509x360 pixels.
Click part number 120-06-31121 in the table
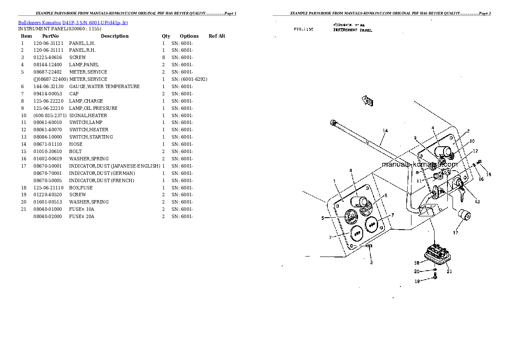48,43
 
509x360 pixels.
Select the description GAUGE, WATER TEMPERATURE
104,86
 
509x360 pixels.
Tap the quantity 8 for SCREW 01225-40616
163,57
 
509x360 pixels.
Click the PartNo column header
50,36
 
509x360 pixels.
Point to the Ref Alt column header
217,36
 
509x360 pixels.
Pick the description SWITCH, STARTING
91,137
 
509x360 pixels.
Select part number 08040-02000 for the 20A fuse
47,216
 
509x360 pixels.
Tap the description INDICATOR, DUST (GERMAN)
102,173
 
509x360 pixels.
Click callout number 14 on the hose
385,130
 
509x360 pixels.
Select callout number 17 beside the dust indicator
456,233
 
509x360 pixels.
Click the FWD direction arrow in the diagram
367,101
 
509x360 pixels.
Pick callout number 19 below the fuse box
417,281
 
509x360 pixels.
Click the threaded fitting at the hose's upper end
333,124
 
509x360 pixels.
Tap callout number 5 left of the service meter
323,218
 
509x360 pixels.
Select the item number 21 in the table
23,209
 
